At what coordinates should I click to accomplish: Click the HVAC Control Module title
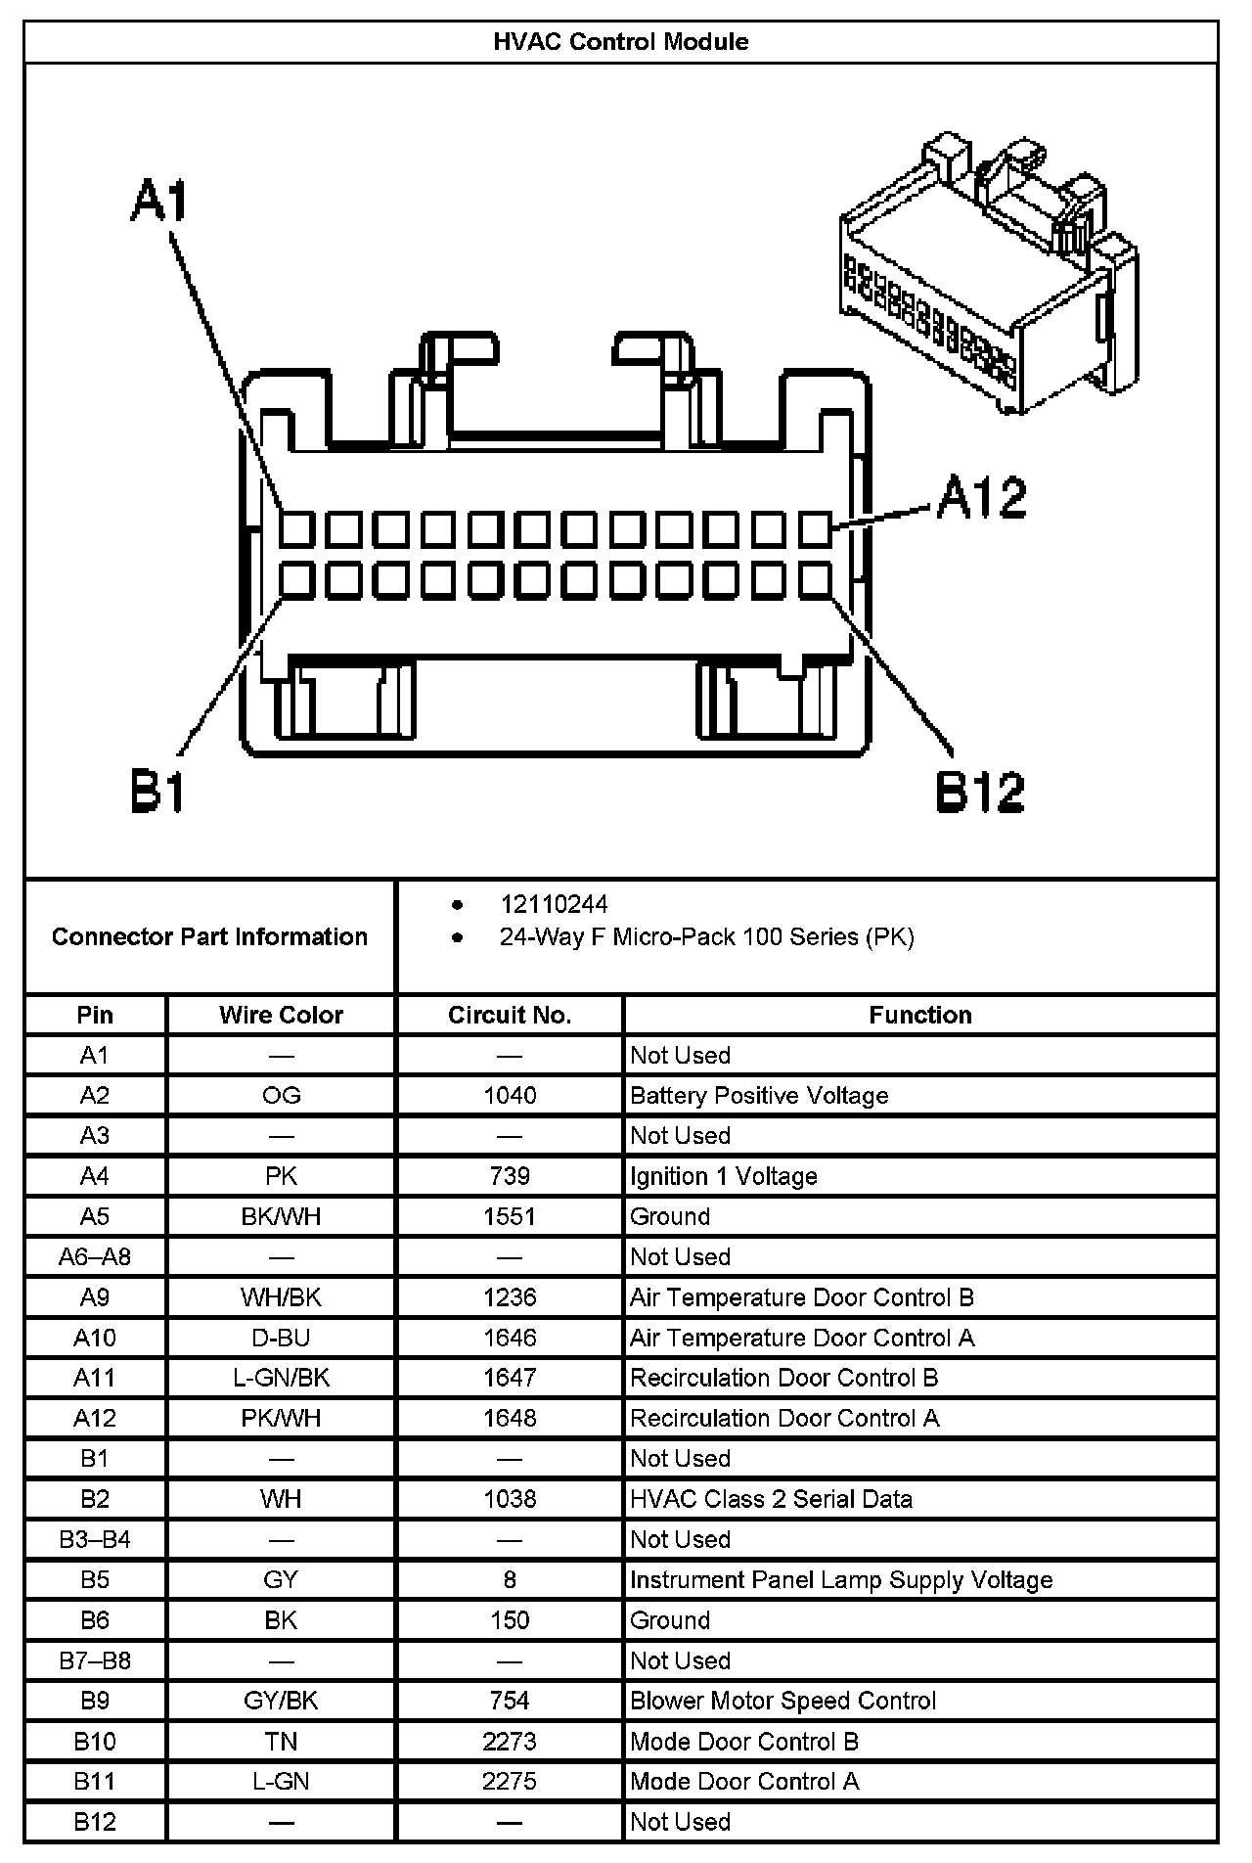click(x=621, y=42)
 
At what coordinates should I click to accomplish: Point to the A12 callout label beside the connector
click(x=981, y=498)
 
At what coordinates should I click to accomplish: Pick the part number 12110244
click(x=554, y=904)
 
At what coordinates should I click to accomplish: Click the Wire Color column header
click(x=281, y=1015)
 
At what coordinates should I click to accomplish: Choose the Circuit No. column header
click(x=509, y=1015)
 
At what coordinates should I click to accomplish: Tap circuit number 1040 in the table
click(x=510, y=1096)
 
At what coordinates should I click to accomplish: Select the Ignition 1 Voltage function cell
click(x=723, y=1176)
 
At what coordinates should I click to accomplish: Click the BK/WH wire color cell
click(x=281, y=1216)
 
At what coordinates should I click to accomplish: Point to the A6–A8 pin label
click(x=95, y=1256)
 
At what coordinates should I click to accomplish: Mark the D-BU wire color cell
click(x=281, y=1338)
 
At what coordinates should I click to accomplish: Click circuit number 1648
click(x=510, y=1418)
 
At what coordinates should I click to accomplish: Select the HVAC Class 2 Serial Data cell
click(x=771, y=1499)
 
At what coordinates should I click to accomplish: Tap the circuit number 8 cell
click(x=510, y=1579)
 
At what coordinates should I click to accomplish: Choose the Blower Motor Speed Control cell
click(x=782, y=1701)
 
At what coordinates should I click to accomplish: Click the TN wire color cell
click(x=281, y=1741)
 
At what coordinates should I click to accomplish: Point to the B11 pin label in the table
click(x=95, y=1781)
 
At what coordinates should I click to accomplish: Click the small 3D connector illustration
click(x=988, y=274)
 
